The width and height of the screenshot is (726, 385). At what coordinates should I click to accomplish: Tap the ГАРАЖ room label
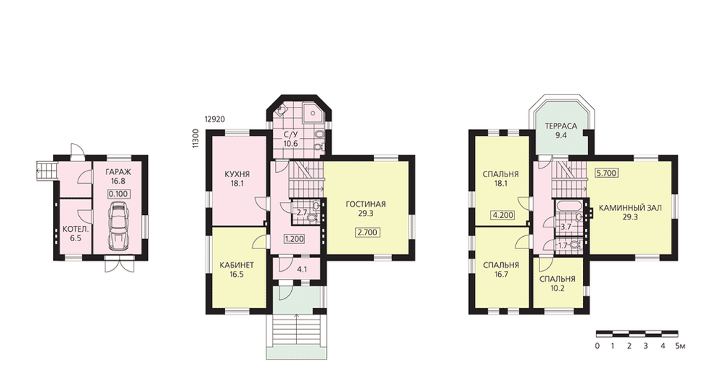[118, 172]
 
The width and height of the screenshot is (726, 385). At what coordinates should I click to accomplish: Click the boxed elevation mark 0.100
[119, 194]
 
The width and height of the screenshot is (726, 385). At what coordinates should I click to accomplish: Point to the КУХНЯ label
[237, 174]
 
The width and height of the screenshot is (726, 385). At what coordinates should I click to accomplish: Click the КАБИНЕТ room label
[236, 265]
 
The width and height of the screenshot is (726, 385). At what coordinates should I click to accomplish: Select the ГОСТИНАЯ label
[366, 204]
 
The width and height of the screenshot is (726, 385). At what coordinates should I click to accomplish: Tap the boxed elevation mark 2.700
[367, 232]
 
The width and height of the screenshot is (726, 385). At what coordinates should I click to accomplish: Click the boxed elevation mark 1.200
[295, 240]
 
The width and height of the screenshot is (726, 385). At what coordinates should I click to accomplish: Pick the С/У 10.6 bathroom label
[291, 139]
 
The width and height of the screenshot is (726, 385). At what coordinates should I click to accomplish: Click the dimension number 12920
[214, 119]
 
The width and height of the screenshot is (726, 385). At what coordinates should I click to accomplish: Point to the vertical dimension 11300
[196, 139]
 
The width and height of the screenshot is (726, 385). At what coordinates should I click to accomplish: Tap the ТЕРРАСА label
[560, 126]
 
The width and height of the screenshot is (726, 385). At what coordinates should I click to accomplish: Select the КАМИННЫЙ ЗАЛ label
[630, 208]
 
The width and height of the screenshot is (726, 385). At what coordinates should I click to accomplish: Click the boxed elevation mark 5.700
[607, 173]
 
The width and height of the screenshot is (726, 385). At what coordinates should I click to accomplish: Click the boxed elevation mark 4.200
[502, 215]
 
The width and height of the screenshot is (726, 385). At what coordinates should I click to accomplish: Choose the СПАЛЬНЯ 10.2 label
[558, 283]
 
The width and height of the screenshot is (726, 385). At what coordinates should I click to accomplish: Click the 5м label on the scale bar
[680, 346]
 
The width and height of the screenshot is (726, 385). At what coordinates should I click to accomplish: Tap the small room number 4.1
[302, 268]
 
